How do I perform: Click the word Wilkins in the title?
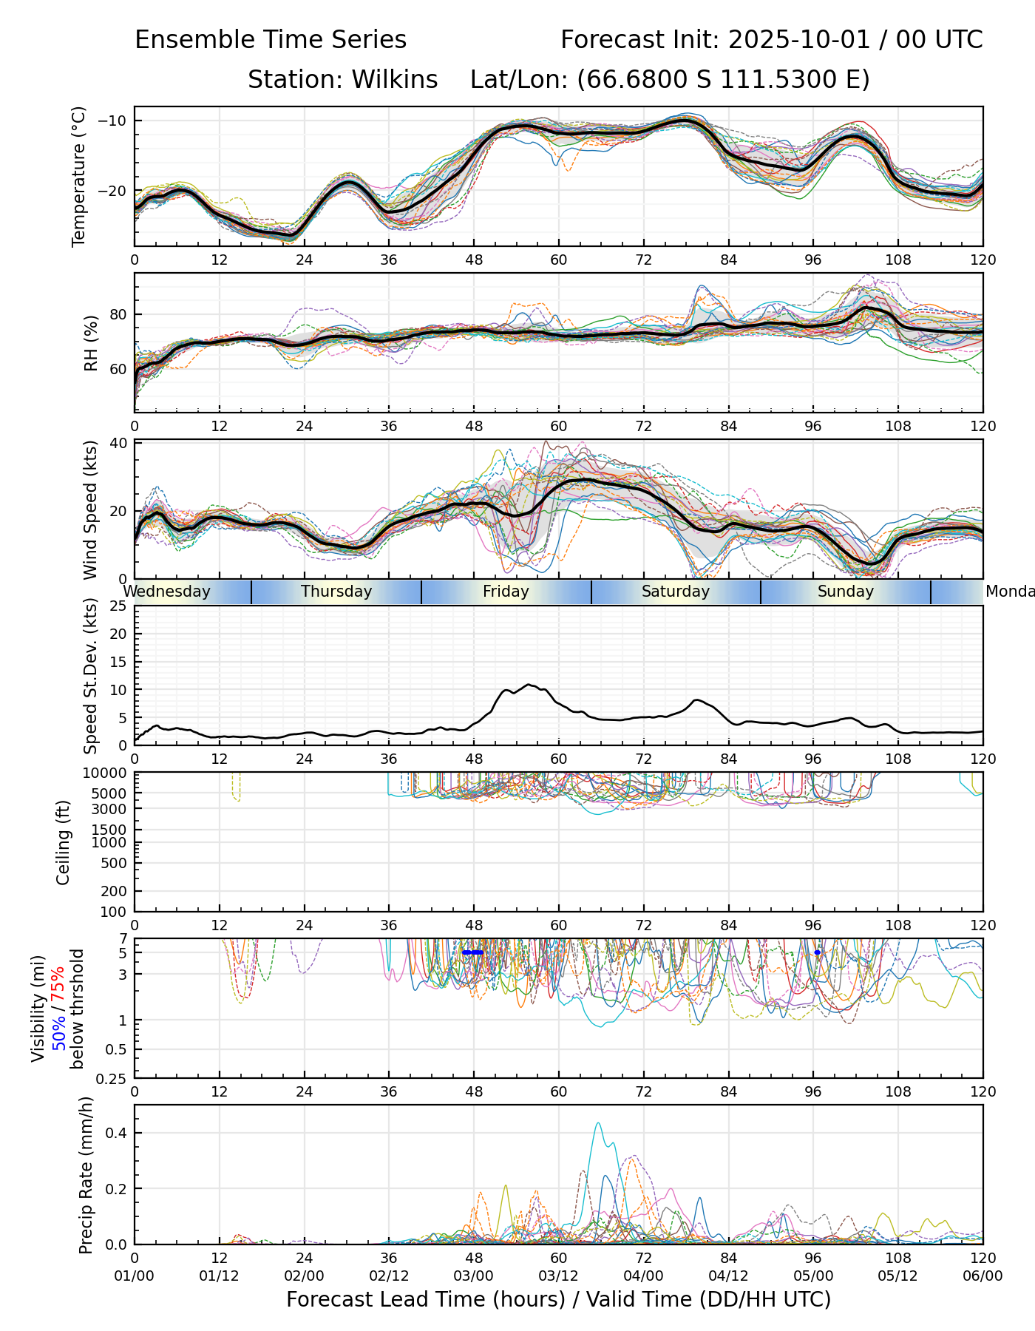click(395, 79)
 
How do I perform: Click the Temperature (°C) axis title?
click(79, 176)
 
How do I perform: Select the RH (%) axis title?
click(91, 342)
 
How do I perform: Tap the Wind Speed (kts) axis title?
click(90, 509)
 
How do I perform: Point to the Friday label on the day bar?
click(506, 592)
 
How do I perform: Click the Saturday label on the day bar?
click(675, 592)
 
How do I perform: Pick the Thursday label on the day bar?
click(336, 592)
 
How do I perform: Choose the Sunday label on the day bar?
click(845, 592)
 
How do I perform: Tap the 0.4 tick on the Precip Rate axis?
click(118, 1134)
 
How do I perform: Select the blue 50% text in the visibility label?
click(58, 1029)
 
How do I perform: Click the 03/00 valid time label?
click(473, 1276)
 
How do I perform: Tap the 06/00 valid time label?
click(983, 1276)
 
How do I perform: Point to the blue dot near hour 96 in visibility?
click(817, 952)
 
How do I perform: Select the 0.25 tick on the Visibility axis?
click(113, 1078)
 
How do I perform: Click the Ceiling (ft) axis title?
click(64, 842)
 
